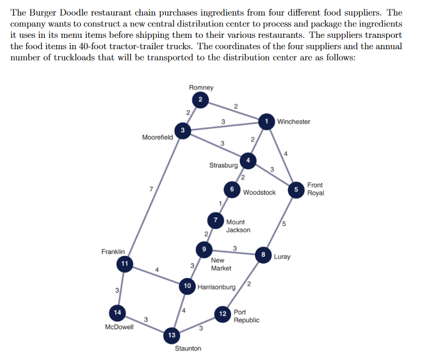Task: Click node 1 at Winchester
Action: tap(266, 121)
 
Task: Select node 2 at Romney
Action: tap(200, 99)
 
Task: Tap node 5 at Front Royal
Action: tap(296, 190)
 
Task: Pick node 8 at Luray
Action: tap(263, 254)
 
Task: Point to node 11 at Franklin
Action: tap(124, 264)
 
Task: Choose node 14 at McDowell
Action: tap(118, 312)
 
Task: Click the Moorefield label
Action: tap(157, 137)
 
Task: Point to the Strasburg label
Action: tap(223, 166)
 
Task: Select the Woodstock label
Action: tap(259, 193)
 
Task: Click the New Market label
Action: tap(221, 264)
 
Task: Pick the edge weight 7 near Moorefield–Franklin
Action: tap(150, 190)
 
